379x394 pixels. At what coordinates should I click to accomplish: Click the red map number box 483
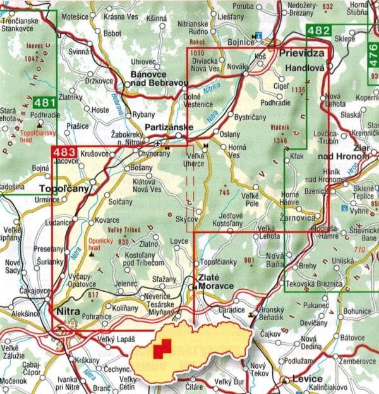[x=64, y=152]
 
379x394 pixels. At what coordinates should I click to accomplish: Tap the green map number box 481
[x=44, y=101]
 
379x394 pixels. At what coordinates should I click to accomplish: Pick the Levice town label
[x=303, y=379]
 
